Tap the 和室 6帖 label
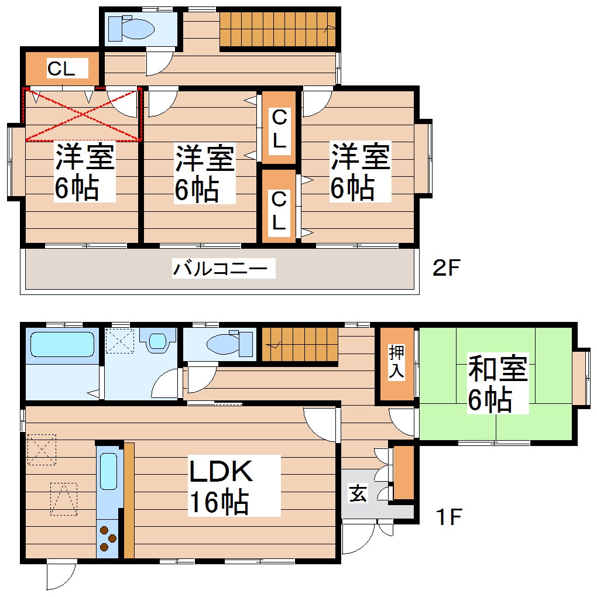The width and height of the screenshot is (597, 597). [x=497, y=384]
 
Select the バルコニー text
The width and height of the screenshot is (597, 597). [x=223, y=270]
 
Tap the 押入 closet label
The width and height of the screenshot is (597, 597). [x=396, y=363]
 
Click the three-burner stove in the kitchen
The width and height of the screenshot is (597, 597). [x=108, y=538]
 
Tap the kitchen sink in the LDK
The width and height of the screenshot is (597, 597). [x=109, y=471]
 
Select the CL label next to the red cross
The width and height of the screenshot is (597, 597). [x=61, y=69]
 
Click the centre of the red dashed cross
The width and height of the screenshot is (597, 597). [x=83, y=114]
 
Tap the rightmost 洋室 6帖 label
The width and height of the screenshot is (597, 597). [x=358, y=173]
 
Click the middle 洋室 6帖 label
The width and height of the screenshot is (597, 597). [x=203, y=174]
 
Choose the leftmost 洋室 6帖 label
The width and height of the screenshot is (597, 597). [x=83, y=173]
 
